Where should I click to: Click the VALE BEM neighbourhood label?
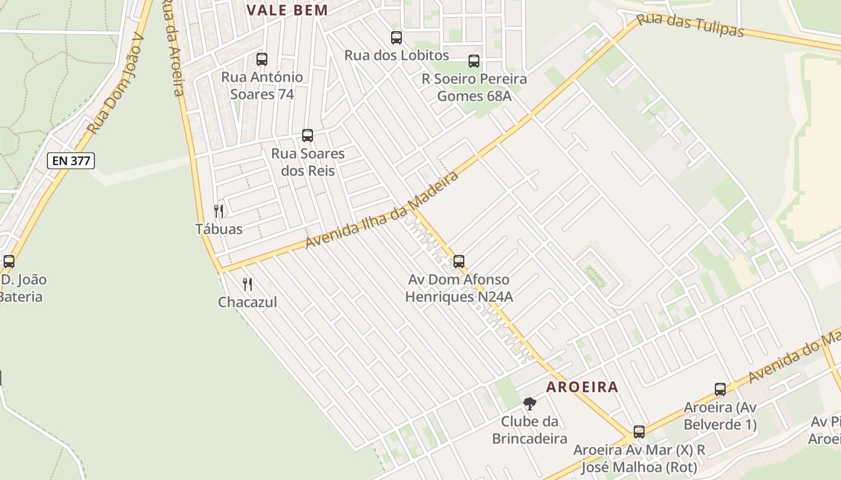pos(288,10)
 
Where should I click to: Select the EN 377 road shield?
pos(71,160)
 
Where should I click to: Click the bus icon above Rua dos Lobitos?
pos(396,38)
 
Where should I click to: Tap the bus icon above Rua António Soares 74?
pos(262,59)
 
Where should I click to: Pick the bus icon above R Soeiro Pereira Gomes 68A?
pos(474,61)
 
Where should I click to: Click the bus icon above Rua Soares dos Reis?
pos(308,136)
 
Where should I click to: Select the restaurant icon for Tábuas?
pos(219,211)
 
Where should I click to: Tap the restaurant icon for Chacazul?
pos(247,284)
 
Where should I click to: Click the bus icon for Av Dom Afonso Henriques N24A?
pos(459,262)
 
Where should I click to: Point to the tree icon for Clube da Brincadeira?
pos(529,404)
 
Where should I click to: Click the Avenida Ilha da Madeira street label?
pos(382,209)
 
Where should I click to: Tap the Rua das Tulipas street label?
pos(690,25)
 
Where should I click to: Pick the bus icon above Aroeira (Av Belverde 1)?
pos(720,389)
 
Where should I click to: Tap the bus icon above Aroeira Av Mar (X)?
pos(639,432)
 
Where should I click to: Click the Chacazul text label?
pos(247,302)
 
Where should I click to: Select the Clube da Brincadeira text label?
pos(529,430)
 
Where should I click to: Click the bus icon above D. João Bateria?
pos(9,262)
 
